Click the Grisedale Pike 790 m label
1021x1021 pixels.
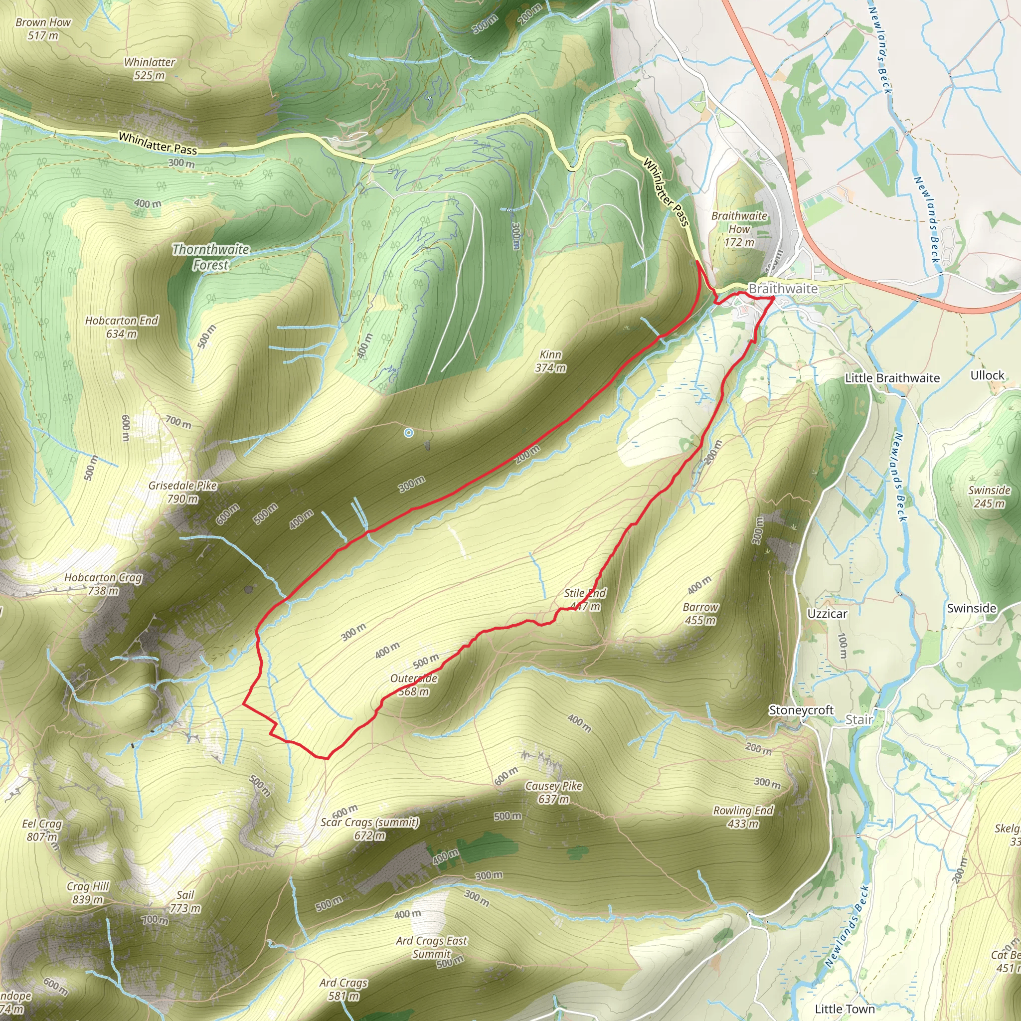click(182, 492)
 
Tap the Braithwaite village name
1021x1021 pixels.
click(783, 289)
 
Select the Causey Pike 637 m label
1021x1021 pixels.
click(553, 792)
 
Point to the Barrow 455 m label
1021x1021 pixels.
click(700, 614)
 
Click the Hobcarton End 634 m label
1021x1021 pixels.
click(122, 327)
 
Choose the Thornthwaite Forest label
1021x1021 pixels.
click(210, 257)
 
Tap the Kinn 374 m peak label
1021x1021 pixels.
click(551, 361)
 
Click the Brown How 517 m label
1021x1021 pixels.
click(43, 29)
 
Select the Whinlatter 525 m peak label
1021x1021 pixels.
click(150, 69)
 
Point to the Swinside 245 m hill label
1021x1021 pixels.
click(989, 497)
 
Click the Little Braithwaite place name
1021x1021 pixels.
click(892, 378)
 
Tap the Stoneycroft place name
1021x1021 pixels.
click(801, 710)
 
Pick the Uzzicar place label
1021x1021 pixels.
click(827, 614)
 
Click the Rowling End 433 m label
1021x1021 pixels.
click(743, 817)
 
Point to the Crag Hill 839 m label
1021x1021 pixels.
click(88, 892)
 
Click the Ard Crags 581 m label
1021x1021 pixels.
click(343, 989)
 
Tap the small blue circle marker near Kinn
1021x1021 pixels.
click(408, 433)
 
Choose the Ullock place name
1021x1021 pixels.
click(987, 375)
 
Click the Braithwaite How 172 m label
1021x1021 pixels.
click(739, 229)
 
